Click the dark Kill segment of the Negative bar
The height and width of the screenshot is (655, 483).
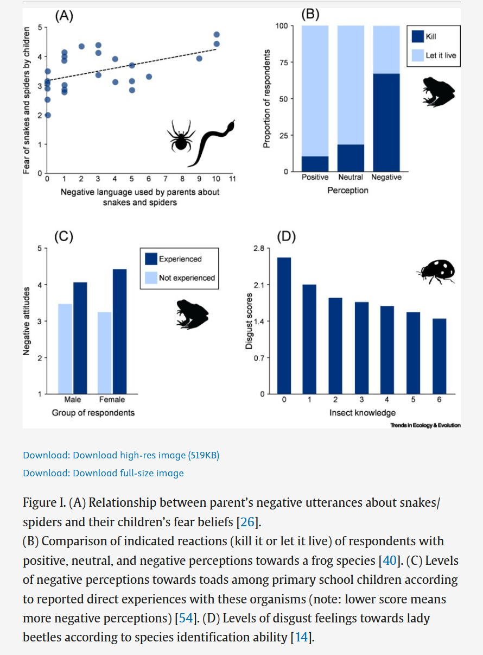[386, 122]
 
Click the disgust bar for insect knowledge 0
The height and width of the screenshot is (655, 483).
[284, 325]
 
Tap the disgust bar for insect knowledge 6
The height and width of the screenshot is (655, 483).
[439, 356]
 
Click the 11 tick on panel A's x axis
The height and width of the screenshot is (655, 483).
[232, 179]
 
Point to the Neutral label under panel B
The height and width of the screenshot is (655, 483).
[351, 178]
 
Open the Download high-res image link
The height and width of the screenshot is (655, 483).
[121, 455]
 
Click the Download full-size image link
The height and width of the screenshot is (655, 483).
[103, 473]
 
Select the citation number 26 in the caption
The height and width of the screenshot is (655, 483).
[247, 522]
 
